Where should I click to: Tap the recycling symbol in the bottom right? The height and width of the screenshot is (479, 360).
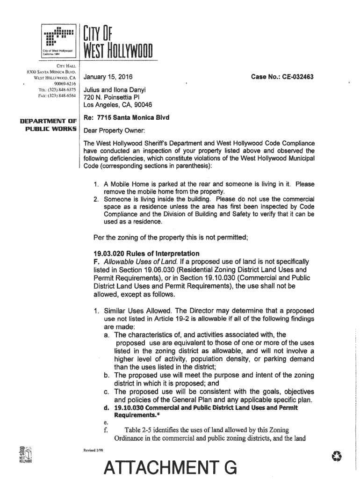pyautogui.click(x=336, y=455)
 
